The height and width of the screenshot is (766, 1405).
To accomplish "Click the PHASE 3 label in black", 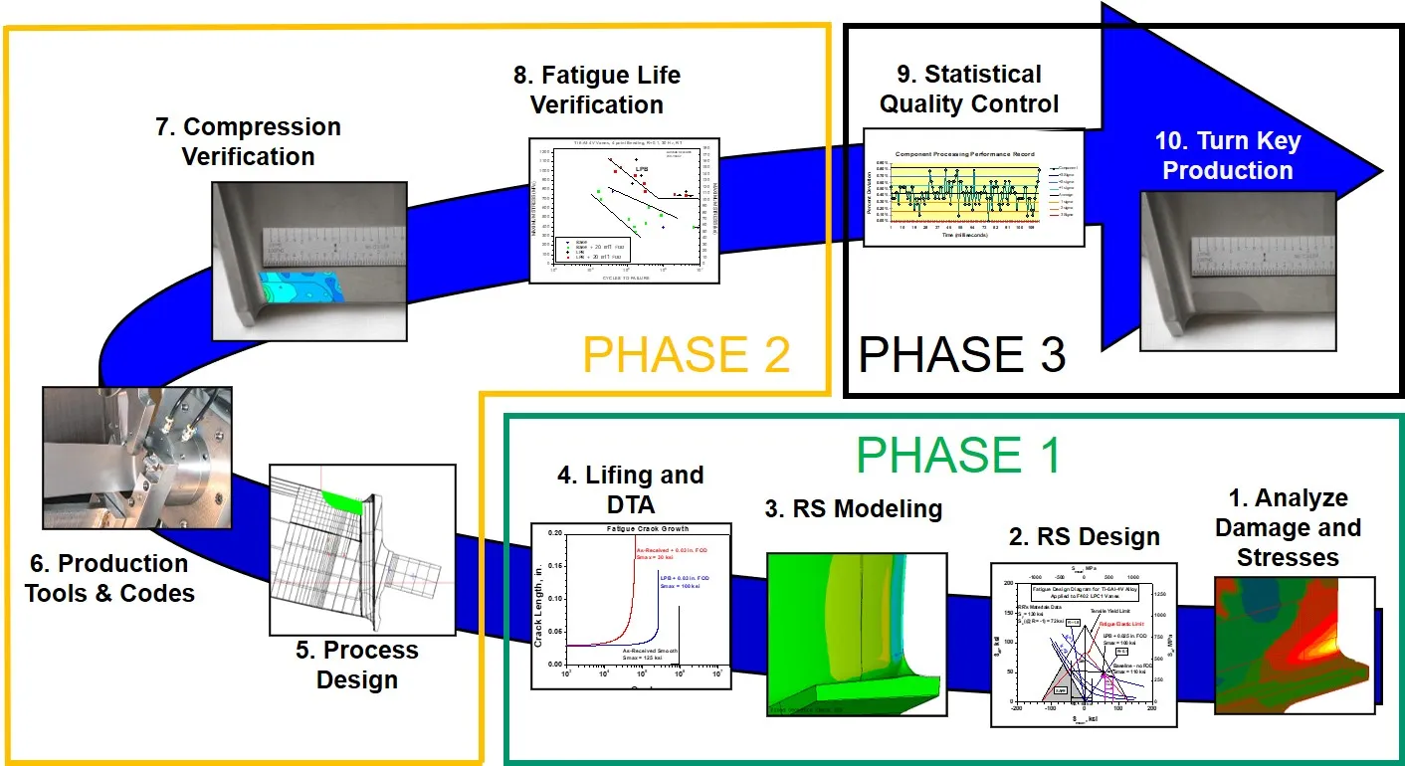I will coord(961,354).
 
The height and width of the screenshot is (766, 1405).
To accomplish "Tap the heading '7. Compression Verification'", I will coord(249,142).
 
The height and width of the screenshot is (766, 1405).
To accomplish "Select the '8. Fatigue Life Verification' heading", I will coord(596,91).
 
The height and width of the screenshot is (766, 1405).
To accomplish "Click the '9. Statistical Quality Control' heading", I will coord(968,89).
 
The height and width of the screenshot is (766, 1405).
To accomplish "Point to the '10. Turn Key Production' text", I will coord(1228,155).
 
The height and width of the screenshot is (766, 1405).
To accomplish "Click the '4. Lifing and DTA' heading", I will coord(629,490).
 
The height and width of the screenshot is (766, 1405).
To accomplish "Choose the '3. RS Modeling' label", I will coord(854,509).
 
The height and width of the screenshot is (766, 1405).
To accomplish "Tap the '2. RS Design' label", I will coord(1084,537).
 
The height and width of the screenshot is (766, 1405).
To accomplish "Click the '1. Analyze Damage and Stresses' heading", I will coord(1287,527).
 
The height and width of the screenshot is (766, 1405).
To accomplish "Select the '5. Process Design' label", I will coord(357,665).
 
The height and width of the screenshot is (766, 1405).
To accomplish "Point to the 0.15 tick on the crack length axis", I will coord(554,564).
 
